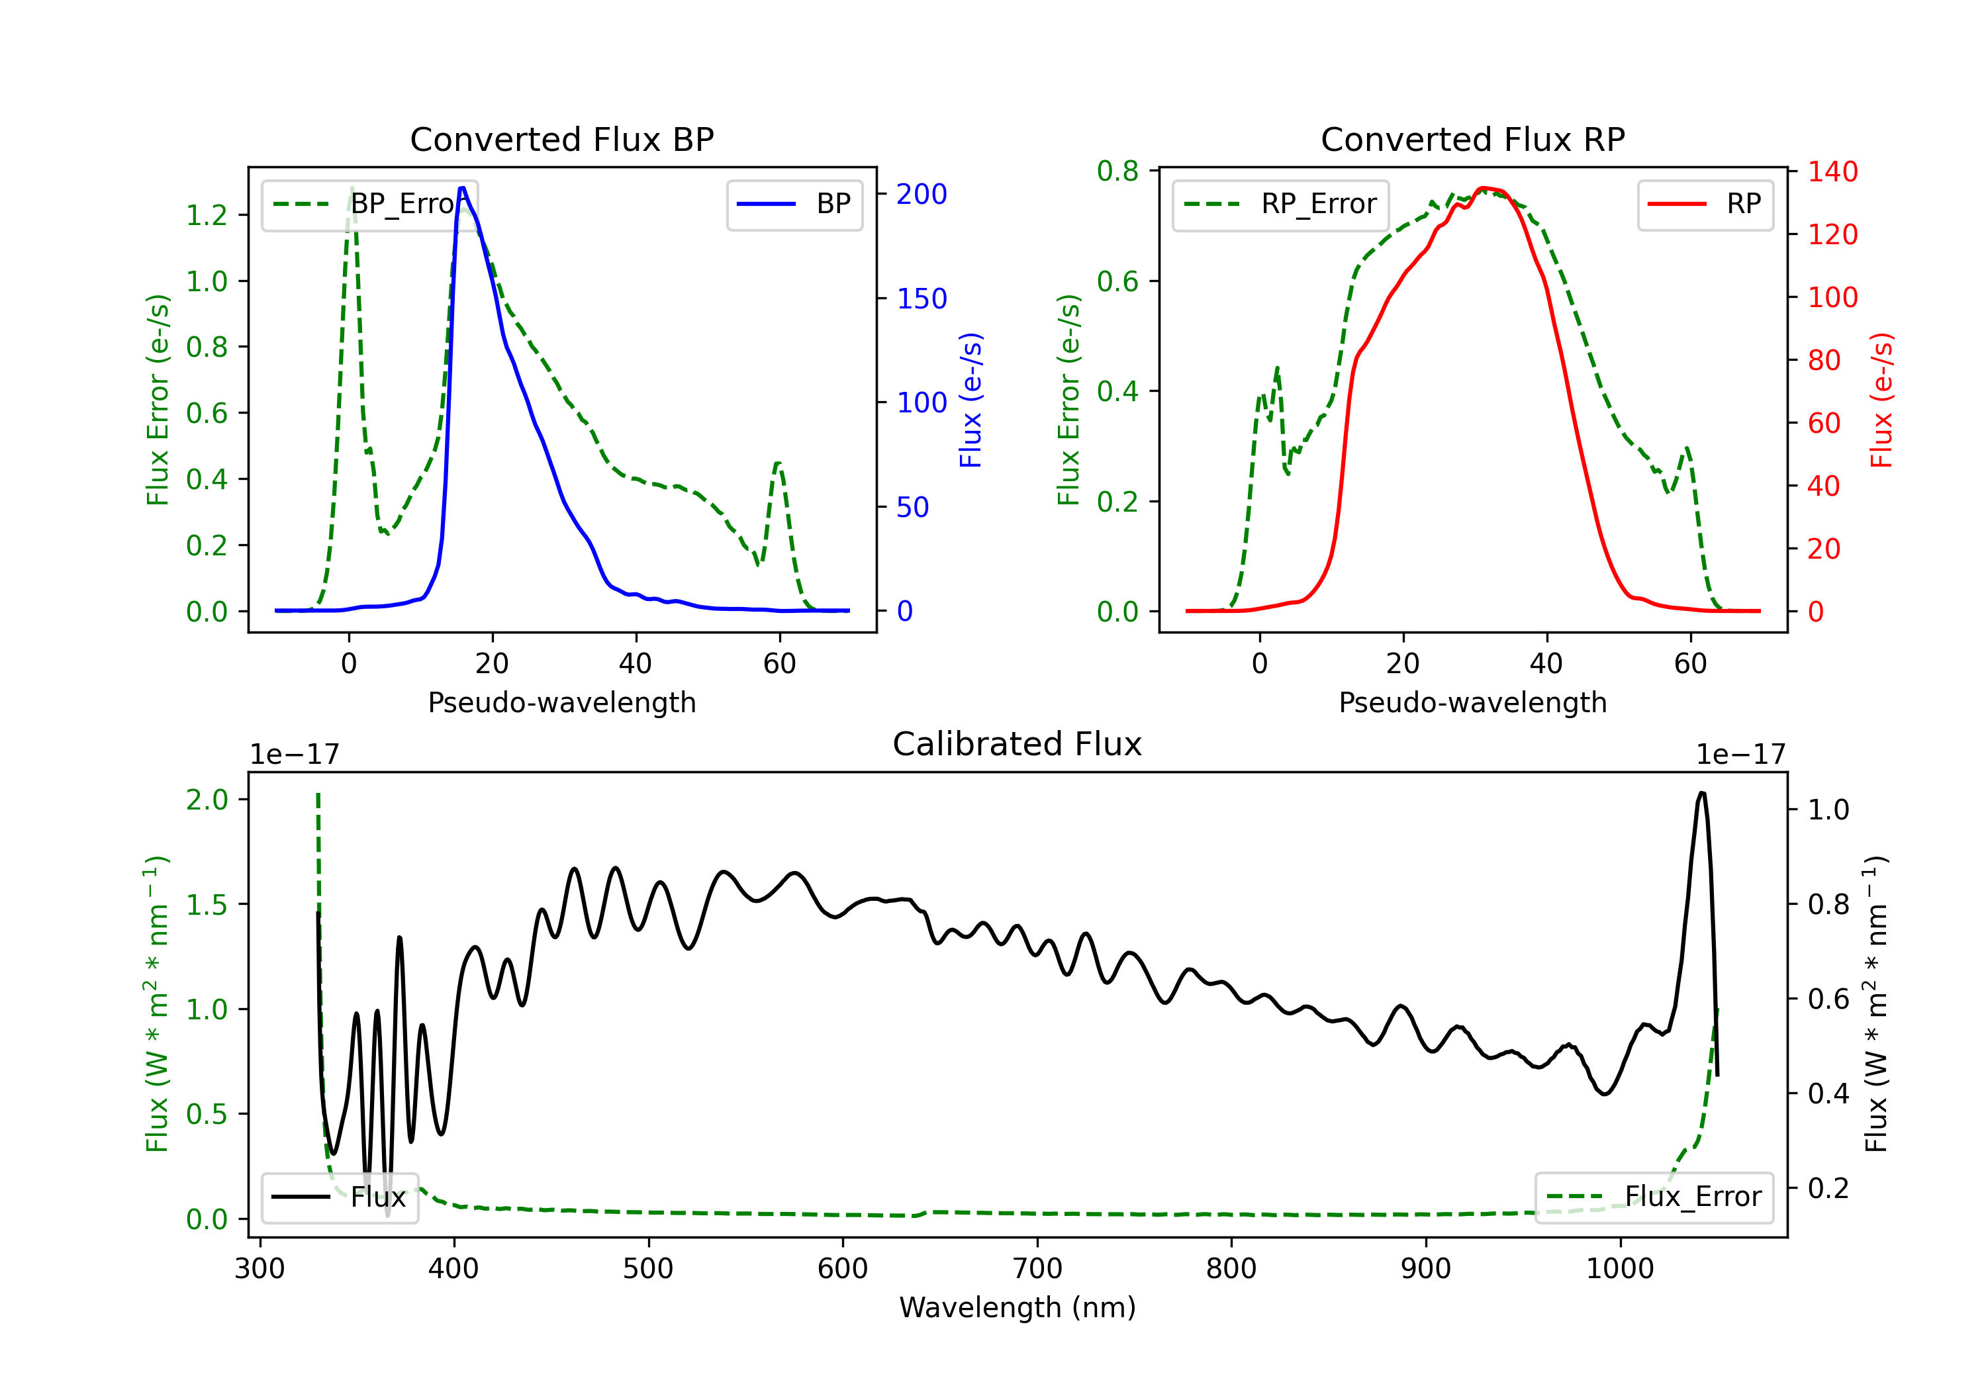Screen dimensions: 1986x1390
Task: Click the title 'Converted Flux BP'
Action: (x=561, y=139)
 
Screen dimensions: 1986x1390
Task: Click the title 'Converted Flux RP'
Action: (x=1472, y=139)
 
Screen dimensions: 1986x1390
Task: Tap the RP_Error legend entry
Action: (x=1280, y=204)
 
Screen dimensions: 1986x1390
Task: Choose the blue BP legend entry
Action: (x=794, y=204)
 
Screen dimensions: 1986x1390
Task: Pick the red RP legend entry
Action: (x=1705, y=204)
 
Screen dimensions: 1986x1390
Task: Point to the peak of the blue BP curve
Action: (x=463, y=188)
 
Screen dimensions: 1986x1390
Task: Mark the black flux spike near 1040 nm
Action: (x=1701, y=792)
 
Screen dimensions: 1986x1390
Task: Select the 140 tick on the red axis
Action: (x=1832, y=171)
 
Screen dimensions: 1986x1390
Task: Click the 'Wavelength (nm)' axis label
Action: (x=1017, y=1307)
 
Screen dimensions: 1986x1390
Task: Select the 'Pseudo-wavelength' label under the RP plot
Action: (x=1472, y=702)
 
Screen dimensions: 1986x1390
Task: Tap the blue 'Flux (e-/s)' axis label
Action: (x=970, y=400)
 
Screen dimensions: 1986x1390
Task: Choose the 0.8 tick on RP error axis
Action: (x=1117, y=171)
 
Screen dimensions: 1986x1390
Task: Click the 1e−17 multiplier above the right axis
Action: (x=1741, y=755)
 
